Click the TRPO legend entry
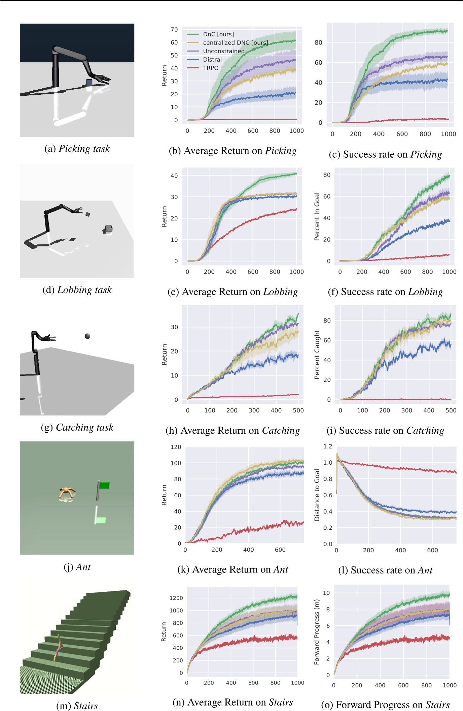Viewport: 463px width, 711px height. click(211, 68)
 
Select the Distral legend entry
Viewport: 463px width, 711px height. click(212, 59)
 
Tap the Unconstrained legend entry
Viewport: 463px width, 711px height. click(223, 51)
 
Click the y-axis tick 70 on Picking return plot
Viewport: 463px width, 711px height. click(174, 30)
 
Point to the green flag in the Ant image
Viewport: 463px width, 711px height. click(104, 485)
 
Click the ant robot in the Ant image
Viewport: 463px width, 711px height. click(67, 493)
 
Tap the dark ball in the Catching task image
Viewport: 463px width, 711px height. click(87, 336)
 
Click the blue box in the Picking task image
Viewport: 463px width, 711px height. click(89, 83)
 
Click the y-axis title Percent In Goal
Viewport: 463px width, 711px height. click(317, 216)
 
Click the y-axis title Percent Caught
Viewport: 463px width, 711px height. click(317, 354)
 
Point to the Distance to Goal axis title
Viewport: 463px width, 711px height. click(317, 495)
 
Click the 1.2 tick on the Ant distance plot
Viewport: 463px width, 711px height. click(327, 446)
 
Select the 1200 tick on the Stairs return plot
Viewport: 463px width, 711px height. click(176, 598)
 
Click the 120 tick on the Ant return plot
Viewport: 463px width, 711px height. click(176, 447)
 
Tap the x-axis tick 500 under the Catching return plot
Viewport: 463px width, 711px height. click(298, 410)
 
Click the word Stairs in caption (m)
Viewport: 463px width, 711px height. click(86, 706)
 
